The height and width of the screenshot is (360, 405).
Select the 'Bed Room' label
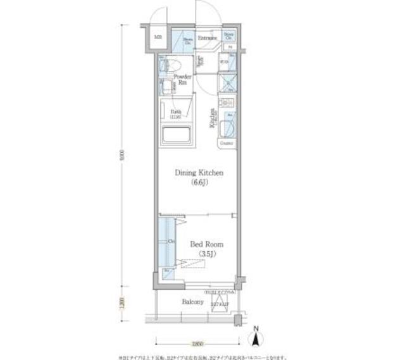tap(204, 243)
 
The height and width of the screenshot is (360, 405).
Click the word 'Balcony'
tap(193, 302)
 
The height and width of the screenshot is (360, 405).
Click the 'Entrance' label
tap(208, 39)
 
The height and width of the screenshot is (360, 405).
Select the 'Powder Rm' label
tap(184, 79)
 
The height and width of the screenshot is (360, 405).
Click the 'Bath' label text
tap(175, 113)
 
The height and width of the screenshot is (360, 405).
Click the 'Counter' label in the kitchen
tap(227, 144)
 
